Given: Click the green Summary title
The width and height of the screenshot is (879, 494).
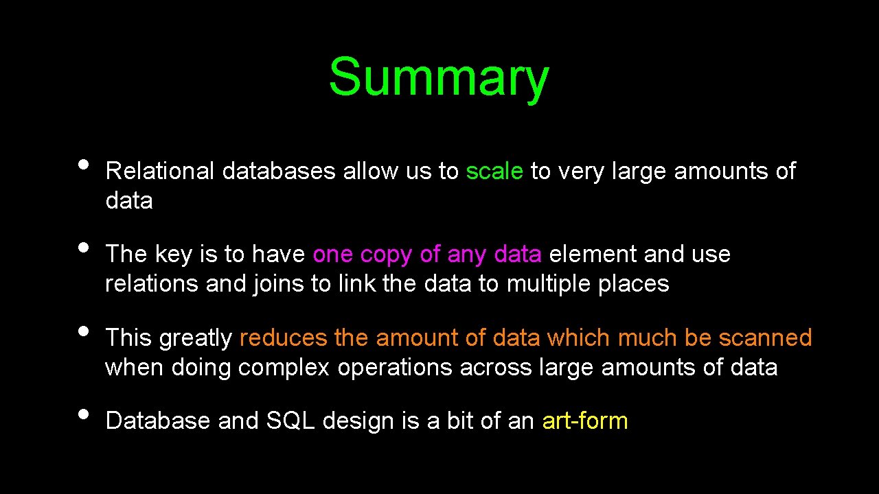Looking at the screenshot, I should click(x=438, y=77).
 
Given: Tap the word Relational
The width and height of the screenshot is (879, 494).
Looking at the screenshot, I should click(x=160, y=171).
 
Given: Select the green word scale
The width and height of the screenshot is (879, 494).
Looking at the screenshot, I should click(x=494, y=171).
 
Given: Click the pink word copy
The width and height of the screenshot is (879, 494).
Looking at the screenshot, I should click(x=387, y=255).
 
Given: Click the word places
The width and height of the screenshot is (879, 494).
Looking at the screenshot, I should click(x=634, y=283).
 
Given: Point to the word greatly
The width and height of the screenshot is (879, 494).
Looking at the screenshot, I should click(x=196, y=338).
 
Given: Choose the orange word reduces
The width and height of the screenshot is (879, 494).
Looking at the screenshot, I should click(x=284, y=338).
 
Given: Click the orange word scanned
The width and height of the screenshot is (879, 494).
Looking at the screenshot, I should click(x=765, y=338).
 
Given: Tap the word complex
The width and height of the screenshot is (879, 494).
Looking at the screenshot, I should click(x=284, y=367).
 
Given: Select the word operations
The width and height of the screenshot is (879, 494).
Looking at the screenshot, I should click(x=396, y=367).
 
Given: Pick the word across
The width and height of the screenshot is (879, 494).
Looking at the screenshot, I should click(x=496, y=367).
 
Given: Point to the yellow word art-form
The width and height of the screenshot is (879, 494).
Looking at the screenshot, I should click(x=585, y=421).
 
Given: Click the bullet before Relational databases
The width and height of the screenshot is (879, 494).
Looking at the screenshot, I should click(x=84, y=165).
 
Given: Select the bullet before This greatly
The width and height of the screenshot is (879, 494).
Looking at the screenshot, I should click(x=84, y=331).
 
